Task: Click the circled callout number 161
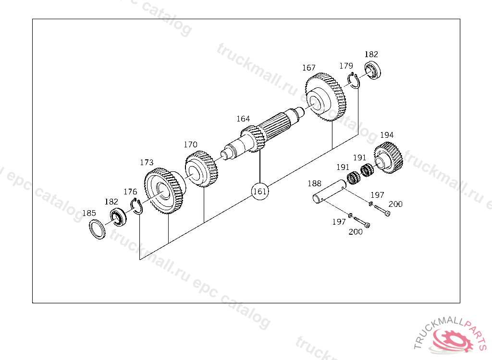260,191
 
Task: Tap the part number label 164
243,119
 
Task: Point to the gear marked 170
201,168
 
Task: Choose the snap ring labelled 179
355,80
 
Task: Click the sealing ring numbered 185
98,229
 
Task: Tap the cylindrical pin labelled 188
328,192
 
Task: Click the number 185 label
89,213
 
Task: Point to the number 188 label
314,183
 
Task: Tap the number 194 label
387,135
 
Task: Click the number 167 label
309,68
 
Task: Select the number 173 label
147,163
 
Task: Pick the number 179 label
346,66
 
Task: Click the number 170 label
191,144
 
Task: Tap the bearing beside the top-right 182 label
373,71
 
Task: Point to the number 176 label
130,192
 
